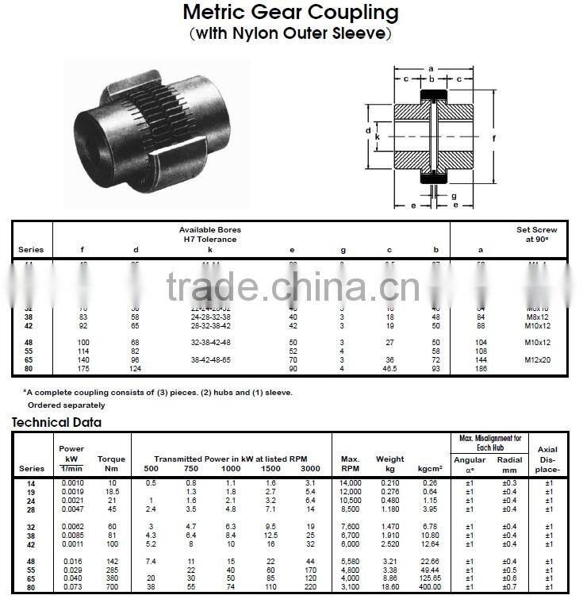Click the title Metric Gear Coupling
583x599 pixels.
290,13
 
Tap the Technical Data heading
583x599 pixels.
56,422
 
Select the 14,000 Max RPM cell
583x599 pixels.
351,482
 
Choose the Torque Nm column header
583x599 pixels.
111,463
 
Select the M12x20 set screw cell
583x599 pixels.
537,359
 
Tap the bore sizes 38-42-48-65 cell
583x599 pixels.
210,359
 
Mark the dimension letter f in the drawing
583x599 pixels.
493,139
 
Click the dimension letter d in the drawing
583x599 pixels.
368,130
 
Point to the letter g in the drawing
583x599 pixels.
454,195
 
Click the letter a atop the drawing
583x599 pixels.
431,68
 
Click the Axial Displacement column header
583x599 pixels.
548,459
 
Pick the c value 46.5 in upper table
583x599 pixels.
389,368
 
